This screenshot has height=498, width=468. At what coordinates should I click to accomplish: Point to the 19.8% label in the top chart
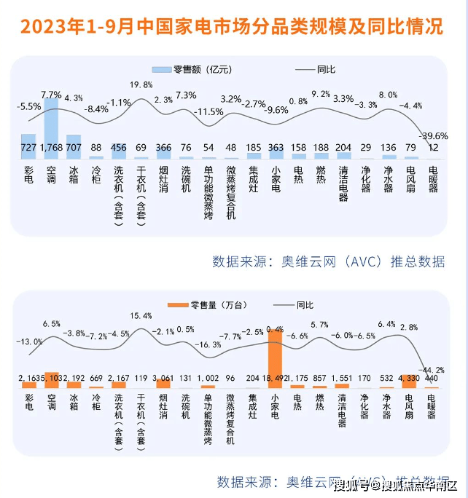[x=141, y=85]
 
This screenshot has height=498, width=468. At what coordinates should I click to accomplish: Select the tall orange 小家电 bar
[x=276, y=357]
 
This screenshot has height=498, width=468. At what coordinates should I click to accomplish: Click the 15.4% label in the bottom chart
[x=141, y=316]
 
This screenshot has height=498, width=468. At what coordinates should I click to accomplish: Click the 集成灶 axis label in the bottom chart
[x=253, y=408]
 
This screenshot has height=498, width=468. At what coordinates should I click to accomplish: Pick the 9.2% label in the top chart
[x=321, y=94]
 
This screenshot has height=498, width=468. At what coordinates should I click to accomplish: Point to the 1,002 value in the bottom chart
[x=208, y=379]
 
